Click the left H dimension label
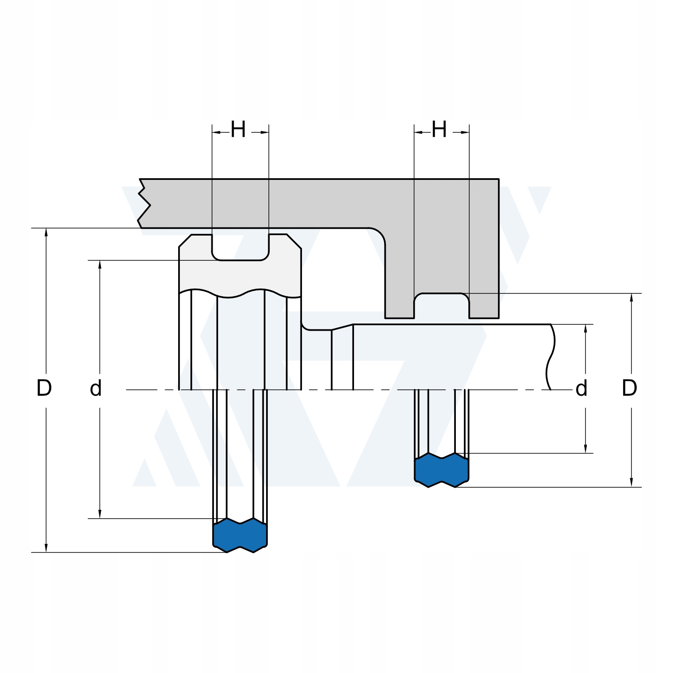(x=238, y=130)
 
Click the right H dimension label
(x=439, y=130)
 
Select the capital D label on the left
(x=44, y=388)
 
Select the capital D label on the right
(x=629, y=388)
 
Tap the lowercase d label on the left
(x=96, y=389)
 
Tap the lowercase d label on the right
(x=581, y=389)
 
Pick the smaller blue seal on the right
(x=441, y=470)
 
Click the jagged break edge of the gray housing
(x=143, y=204)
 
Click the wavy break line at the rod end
(x=550, y=357)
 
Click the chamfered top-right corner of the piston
(x=294, y=241)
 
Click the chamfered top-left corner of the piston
(x=185, y=241)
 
